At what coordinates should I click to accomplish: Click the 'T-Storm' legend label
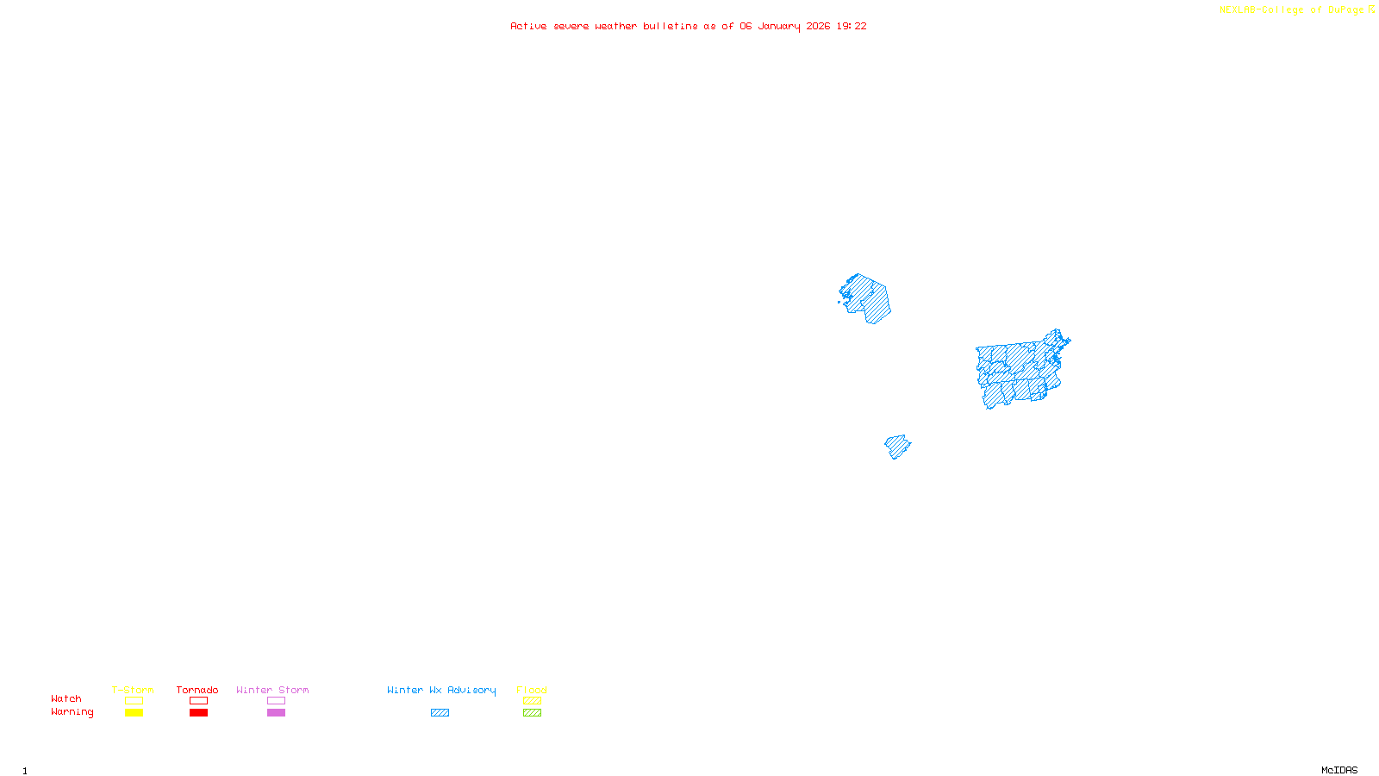coord(133,690)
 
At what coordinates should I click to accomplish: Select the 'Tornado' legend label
coord(197,690)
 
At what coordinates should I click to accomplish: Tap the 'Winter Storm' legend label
coord(272,690)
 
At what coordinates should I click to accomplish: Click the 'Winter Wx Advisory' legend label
coord(441,690)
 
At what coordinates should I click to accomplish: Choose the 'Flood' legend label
coord(532,690)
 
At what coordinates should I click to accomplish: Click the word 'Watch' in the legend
coord(66,698)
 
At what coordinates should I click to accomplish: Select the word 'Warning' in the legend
coord(72,712)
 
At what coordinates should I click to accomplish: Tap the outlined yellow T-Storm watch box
coord(134,701)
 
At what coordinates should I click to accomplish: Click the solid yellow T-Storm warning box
coord(134,713)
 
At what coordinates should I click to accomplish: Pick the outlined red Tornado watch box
coord(198,701)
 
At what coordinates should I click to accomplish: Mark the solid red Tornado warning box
coord(198,713)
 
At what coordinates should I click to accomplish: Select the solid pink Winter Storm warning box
coord(276,713)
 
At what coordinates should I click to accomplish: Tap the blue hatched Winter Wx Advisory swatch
coord(440,713)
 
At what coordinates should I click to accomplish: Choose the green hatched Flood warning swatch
coord(532,713)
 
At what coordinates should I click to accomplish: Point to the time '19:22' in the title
coord(852,26)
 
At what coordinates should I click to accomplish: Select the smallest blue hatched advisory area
coord(897,447)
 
